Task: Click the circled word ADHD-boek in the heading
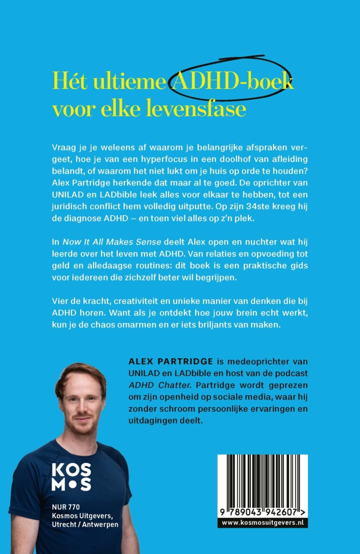(x=232, y=81)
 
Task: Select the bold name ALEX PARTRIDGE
(x=171, y=361)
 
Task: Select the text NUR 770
(x=66, y=507)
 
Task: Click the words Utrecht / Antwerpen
(x=85, y=524)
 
